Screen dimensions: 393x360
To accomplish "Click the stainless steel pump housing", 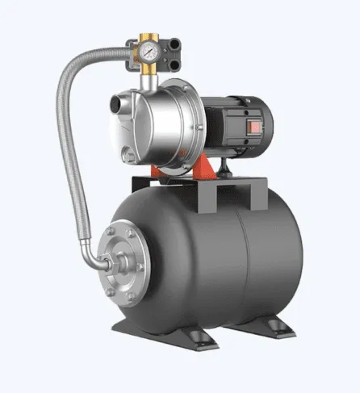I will tap(161, 121).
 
